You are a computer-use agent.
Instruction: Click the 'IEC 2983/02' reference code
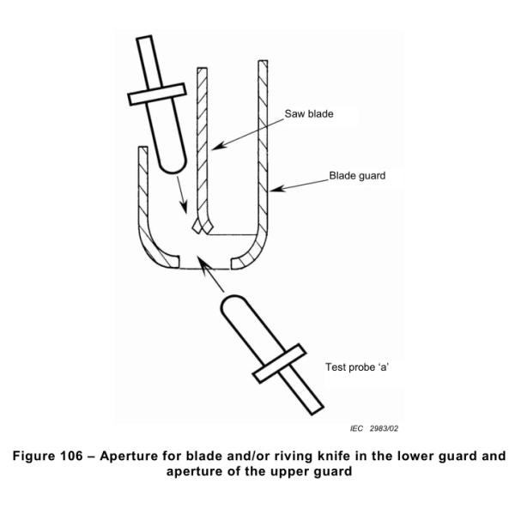[376, 427]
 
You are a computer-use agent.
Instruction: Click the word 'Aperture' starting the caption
[141, 455]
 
